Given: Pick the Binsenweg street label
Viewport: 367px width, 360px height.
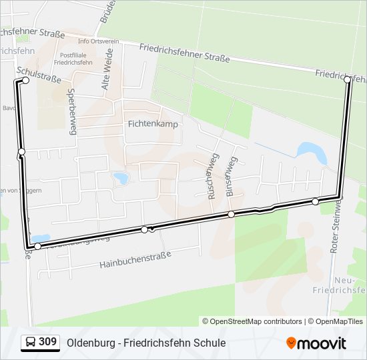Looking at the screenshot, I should (x=230, y=177).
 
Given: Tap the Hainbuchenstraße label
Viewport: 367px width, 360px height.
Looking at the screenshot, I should (x=135, y=259).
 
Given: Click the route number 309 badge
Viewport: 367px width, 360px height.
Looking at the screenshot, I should (x=47, y=342).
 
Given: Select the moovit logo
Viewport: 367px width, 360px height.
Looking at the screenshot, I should (x=316, y=343).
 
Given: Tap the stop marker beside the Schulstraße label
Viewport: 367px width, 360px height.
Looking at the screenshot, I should (x=25, y=80).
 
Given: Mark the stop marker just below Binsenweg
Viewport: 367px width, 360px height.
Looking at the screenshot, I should (x=231, y=214).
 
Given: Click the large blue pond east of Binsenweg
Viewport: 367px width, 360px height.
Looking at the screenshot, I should (x=312, y=153).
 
